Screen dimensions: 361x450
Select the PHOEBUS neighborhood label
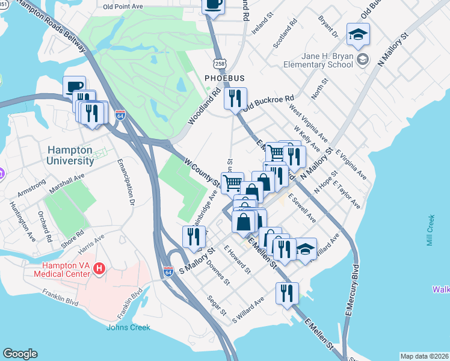click(x=224, y=78)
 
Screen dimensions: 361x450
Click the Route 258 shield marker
click(x=220, y=63)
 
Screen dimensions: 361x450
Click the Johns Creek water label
click(x=128, y=327)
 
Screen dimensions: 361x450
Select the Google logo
click(x=20, y=354)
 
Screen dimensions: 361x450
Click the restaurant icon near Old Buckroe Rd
click(x=235, y=97)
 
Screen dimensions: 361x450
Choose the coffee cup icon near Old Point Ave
click(x=214, y=5)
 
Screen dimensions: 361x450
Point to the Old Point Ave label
click(x=123, y=7)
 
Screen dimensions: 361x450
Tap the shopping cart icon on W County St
click(x=232, y=182)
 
